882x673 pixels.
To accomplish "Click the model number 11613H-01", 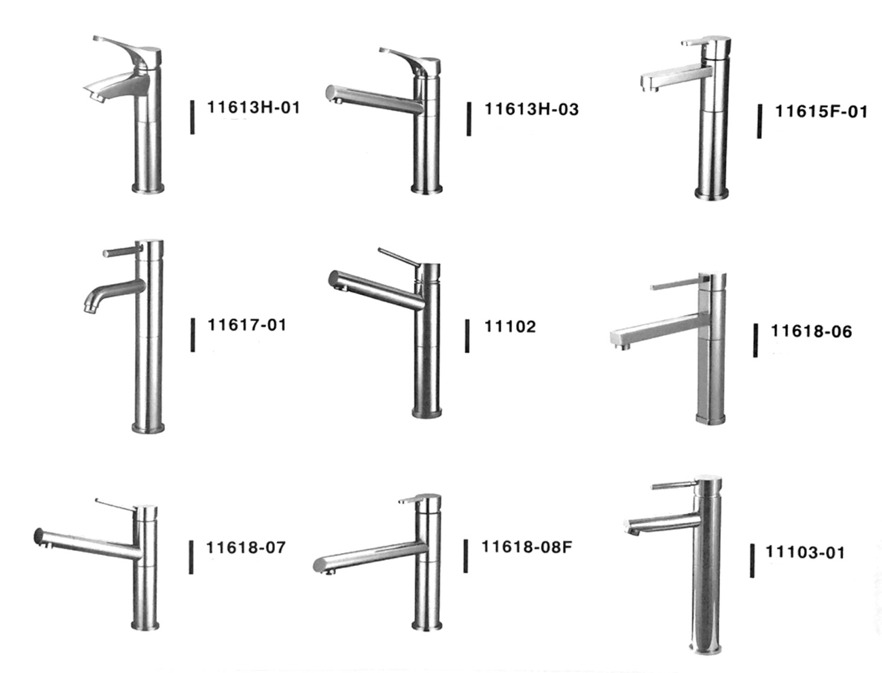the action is tap(253, 108).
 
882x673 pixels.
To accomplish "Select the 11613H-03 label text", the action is tap(532, 110).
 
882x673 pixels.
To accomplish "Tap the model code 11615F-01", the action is tap(821, 111).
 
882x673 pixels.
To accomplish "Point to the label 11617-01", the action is tap(247, 325).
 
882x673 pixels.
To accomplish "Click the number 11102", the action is tap(510, 326).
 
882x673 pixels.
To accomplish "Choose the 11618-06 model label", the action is tap(811, 331).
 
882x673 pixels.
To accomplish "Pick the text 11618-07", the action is tap(245, 547).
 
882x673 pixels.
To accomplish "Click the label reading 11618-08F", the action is tap(526, 547).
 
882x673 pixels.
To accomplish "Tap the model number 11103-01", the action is tap(805, 552).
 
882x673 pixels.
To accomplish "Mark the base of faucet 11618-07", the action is tap(145, 625).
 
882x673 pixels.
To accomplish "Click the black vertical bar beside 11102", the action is tap(467, 336).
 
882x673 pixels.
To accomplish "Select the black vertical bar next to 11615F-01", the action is tap(759, 122).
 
